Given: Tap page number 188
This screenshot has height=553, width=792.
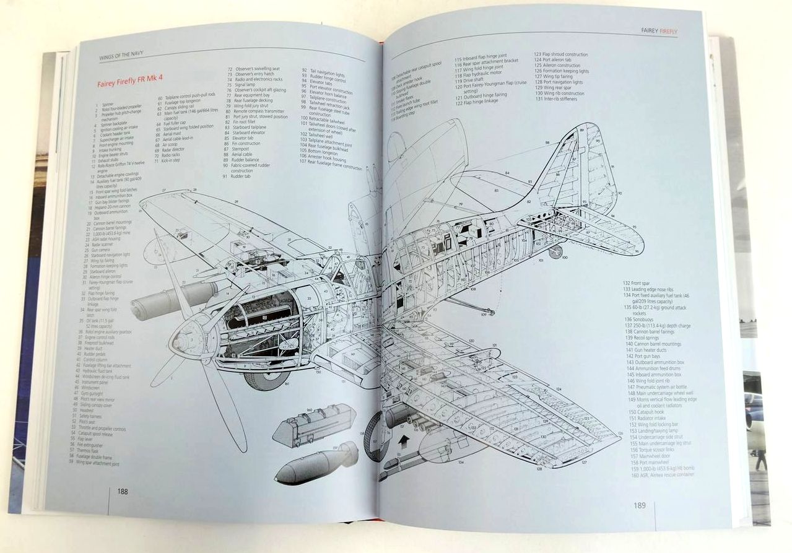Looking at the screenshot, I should tap(123, 492).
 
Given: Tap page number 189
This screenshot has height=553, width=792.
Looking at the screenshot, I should tap(640, 505).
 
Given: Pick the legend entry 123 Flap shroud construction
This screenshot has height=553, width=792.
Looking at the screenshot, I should tap(561, 54).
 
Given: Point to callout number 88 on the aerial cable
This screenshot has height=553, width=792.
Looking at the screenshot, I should tap(547, 143).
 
